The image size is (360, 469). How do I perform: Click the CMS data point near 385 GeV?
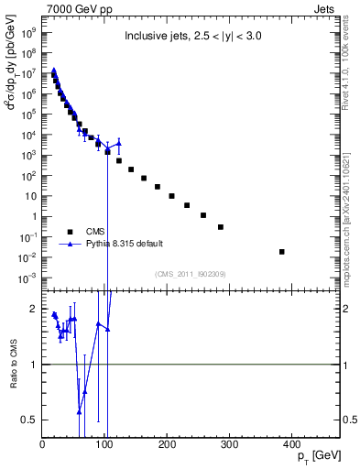tap(281, 251)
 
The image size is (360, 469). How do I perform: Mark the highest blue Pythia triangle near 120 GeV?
tap(118, 143)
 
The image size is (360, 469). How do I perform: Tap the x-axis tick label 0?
tap(42, 445)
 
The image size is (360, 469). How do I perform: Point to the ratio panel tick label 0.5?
tap(30, 420)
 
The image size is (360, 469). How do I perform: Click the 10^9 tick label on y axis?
tap(28, 30)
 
